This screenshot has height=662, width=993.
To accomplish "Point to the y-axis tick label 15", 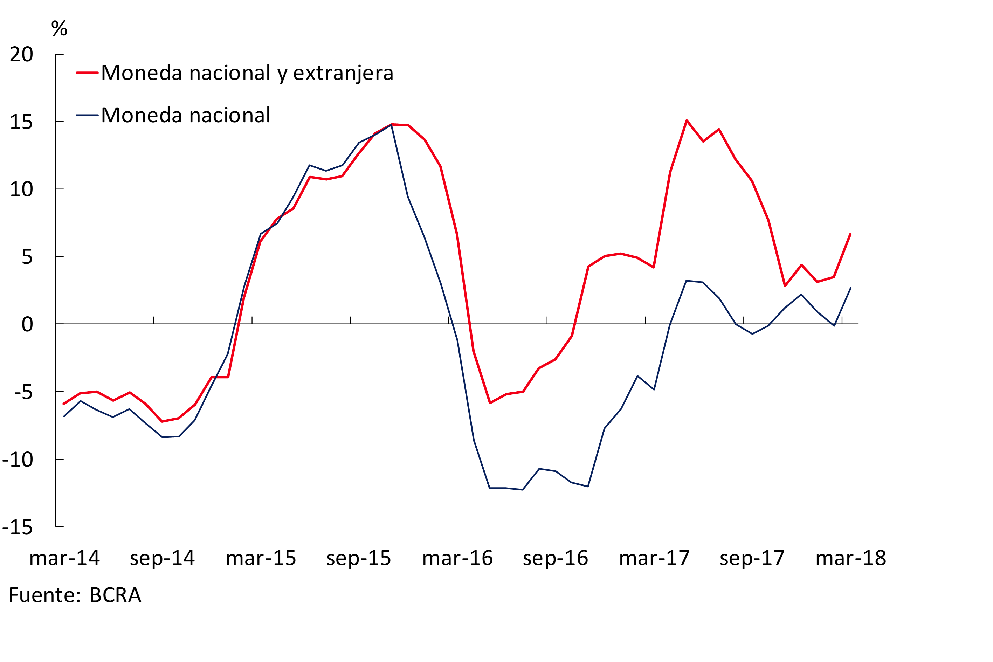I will click(21, 123).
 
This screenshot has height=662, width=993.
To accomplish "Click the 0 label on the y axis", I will click(27, 325).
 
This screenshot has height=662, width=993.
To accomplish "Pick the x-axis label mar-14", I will click(64, 558).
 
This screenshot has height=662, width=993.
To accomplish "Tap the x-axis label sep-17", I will click(752, 558).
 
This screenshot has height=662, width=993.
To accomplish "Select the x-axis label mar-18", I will click(851, 558).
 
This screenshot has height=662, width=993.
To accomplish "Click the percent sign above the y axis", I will click(59, 28).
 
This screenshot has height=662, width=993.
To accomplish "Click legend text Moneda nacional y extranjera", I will click(247, 73).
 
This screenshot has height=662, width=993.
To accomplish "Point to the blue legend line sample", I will click(87, 115).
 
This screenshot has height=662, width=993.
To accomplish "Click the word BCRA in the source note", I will click(115, 595).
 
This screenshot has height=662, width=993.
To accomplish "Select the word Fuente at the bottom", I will click(44, 595).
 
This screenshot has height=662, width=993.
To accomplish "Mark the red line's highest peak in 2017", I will click(687, 121).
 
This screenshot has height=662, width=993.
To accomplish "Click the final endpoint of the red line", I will click(850, 234).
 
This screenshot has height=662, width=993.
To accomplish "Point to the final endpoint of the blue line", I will click(851, 288).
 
